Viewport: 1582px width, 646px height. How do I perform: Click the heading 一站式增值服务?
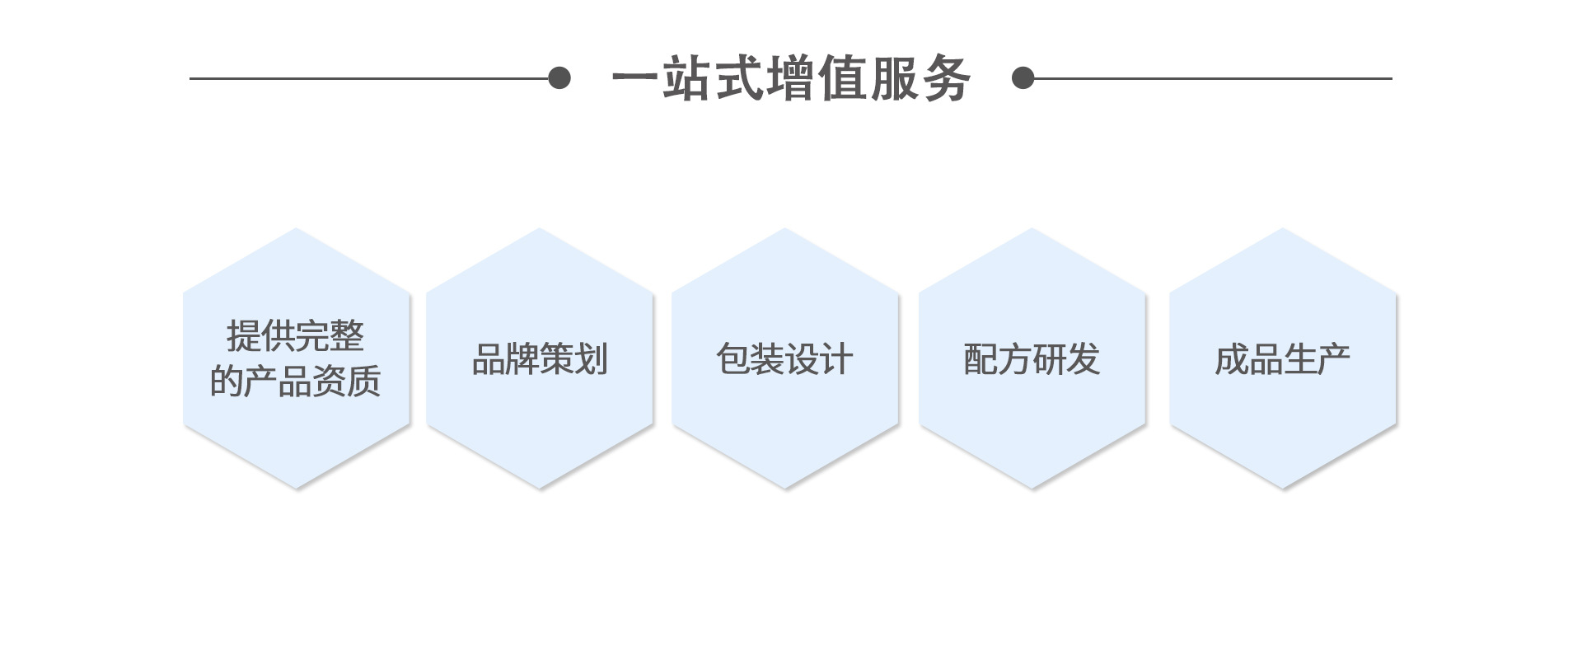(791, 79)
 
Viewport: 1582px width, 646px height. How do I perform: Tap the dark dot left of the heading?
(559, 78)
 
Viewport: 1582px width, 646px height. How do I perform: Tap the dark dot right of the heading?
(1023, 78)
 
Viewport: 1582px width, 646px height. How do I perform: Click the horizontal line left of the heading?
(371, 78)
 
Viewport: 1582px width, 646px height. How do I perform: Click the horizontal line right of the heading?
(1211, 78)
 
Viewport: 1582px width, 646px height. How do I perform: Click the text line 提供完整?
(295, 336)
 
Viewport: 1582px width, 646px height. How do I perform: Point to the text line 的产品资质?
(295, 381)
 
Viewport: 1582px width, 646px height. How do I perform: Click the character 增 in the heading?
(790, 79)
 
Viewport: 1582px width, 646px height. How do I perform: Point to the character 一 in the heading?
(635, 79)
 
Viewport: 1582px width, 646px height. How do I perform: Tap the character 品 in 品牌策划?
(489, 359)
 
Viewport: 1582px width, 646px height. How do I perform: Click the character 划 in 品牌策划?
(591, 359)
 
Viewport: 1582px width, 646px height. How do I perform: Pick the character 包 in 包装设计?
(733, 359)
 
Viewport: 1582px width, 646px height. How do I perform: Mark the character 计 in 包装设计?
(835, 359)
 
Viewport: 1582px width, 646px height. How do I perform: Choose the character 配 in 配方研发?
(981, 359)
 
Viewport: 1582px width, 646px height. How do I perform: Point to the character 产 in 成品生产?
(1333, 359)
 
